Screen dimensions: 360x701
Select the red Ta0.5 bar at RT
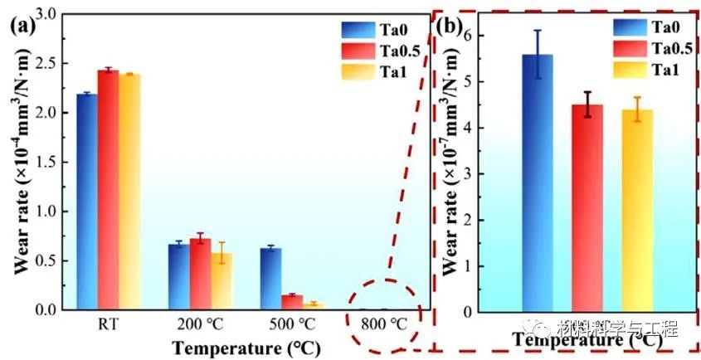tap(108, 190)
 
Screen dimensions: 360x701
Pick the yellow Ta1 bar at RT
tap(129, 192)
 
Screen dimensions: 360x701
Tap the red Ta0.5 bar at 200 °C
tap(200, 274)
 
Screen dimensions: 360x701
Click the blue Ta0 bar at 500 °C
tap(270, 279)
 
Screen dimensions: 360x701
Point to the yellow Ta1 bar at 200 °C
tap(221, 281)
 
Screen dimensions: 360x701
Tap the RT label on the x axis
tap(108, 323)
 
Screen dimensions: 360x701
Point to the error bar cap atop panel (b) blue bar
tap(538, 31)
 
